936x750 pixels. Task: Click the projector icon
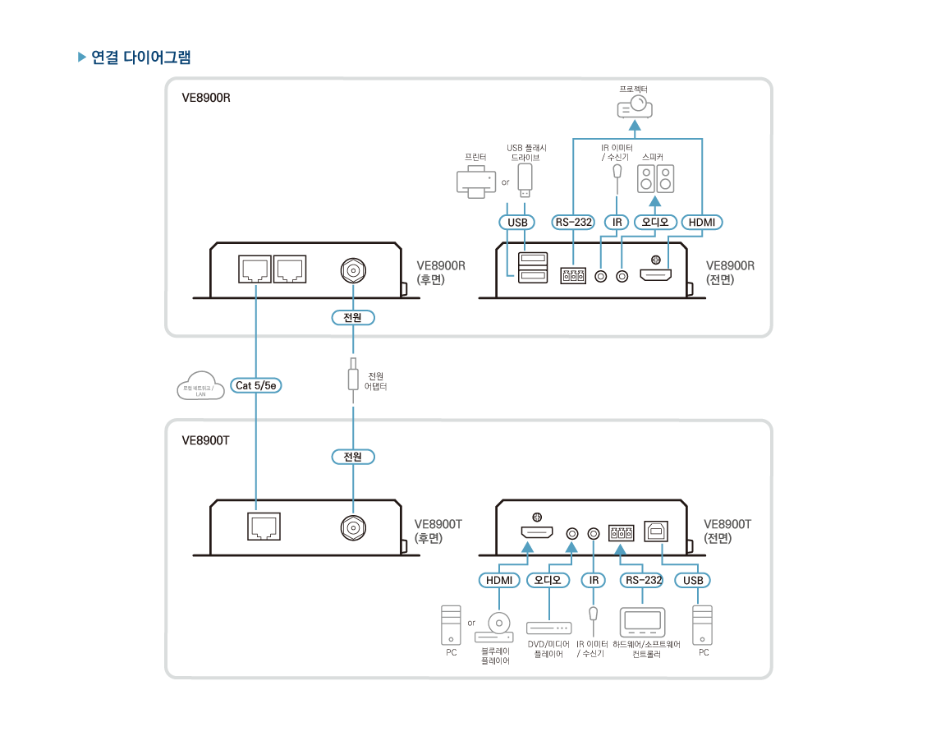click(635, 107)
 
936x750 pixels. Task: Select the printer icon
click(475, 181)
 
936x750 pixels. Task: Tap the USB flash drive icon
click(526, 181)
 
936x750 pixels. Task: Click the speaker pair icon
click(655, 178)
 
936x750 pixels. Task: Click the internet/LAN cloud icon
click(200, 389)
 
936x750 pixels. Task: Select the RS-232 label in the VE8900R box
click(573, 222)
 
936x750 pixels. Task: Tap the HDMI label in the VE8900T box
click(499, 580)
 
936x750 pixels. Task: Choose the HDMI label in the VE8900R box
click(702, 222)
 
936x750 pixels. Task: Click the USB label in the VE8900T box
click(694, 580)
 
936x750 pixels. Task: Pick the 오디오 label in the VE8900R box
click(655, 222)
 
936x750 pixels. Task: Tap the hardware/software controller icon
click(644, 623)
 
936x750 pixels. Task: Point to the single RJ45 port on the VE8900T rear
click(264, 526)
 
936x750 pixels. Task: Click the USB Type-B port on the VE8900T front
click(656, 529)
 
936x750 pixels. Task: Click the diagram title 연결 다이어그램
click(141, 58)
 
